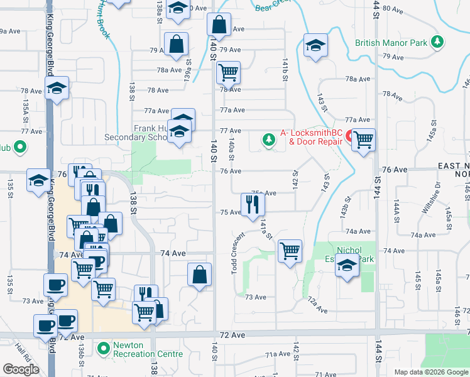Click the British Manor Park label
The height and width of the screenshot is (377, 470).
391,43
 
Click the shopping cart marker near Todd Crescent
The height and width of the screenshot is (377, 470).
290,251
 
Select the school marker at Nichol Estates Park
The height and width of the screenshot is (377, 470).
346,266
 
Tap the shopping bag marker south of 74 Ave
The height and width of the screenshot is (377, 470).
199,274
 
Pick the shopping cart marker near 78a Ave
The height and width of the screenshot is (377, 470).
228,72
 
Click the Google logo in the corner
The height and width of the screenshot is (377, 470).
20,369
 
